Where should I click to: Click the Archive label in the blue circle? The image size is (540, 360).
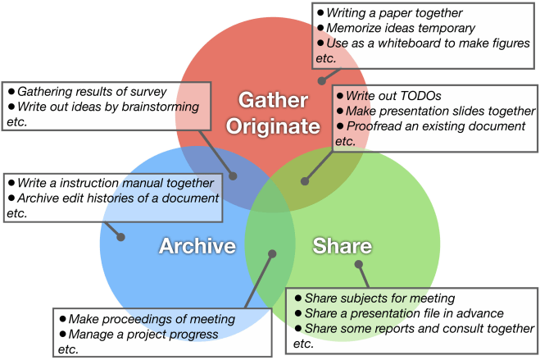(197, 246)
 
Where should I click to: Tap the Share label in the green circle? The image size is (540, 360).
(342, 246)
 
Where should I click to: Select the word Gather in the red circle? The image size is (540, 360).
(278, 100)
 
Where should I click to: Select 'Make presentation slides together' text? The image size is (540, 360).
(440, 111)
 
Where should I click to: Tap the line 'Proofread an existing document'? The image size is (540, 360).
(435, 125)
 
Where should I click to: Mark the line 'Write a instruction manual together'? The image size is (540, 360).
(115, 182)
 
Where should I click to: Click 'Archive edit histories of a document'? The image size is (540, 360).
(117, 198)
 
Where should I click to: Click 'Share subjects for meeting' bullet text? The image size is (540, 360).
(379, 298)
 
